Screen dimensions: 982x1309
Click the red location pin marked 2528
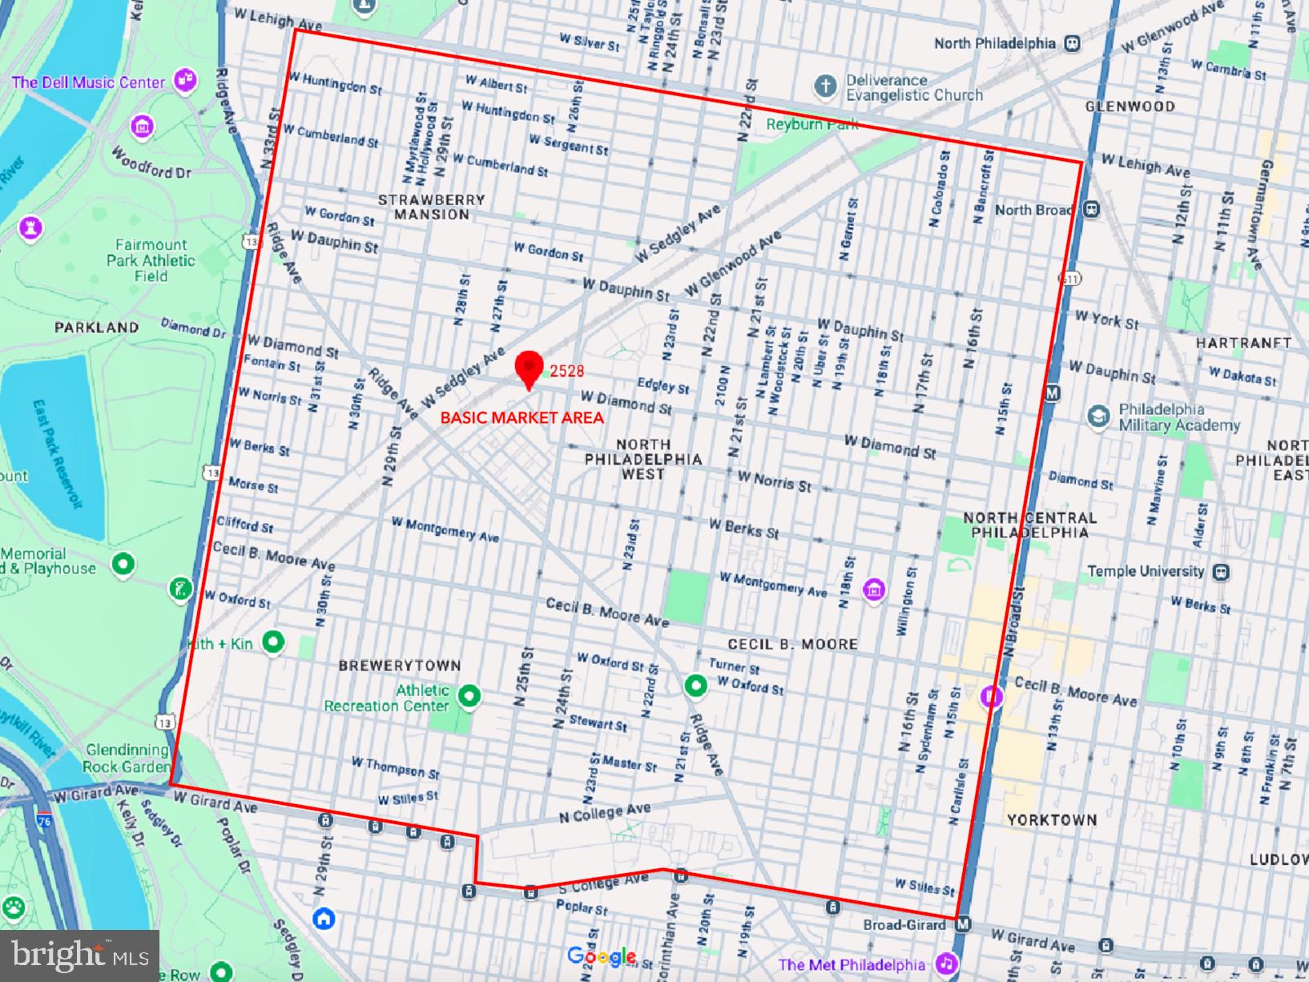click(x=529, y=367)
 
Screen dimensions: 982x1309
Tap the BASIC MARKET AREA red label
click(x=522, y=417)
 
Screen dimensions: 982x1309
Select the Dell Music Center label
click(x=88, y=83)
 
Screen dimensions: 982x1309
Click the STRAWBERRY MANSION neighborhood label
click(x=431, y=207)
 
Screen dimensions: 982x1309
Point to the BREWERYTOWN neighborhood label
click(x=400, y=666)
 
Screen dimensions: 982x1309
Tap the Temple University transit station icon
click(x=1222, y=572)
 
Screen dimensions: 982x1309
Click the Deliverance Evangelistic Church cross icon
click(x=825, y=86)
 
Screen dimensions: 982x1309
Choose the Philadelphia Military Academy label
click(x=1178, y=417)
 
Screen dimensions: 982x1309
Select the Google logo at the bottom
click(x=601, y=956)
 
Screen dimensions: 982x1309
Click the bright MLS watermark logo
click(x=79, y=956)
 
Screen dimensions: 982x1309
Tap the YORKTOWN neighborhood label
click(x=1052, y=820)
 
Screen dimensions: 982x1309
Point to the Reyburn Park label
click(x=812, y=124)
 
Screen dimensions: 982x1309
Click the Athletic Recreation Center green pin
click(x=469, y=695)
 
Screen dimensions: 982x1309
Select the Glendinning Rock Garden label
click(x=127, y=758)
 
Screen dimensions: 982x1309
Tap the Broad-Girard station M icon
click(x=963, y=924)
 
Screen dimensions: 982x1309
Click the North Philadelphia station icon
click(x=1073, y=44)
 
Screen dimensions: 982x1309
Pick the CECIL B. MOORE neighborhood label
click(x=792, y=644)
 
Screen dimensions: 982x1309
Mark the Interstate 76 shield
click(x=44, y=820)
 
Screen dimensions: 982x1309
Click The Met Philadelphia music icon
click(x=947, y=964)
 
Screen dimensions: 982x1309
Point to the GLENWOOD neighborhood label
click(x=1130, y=107)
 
